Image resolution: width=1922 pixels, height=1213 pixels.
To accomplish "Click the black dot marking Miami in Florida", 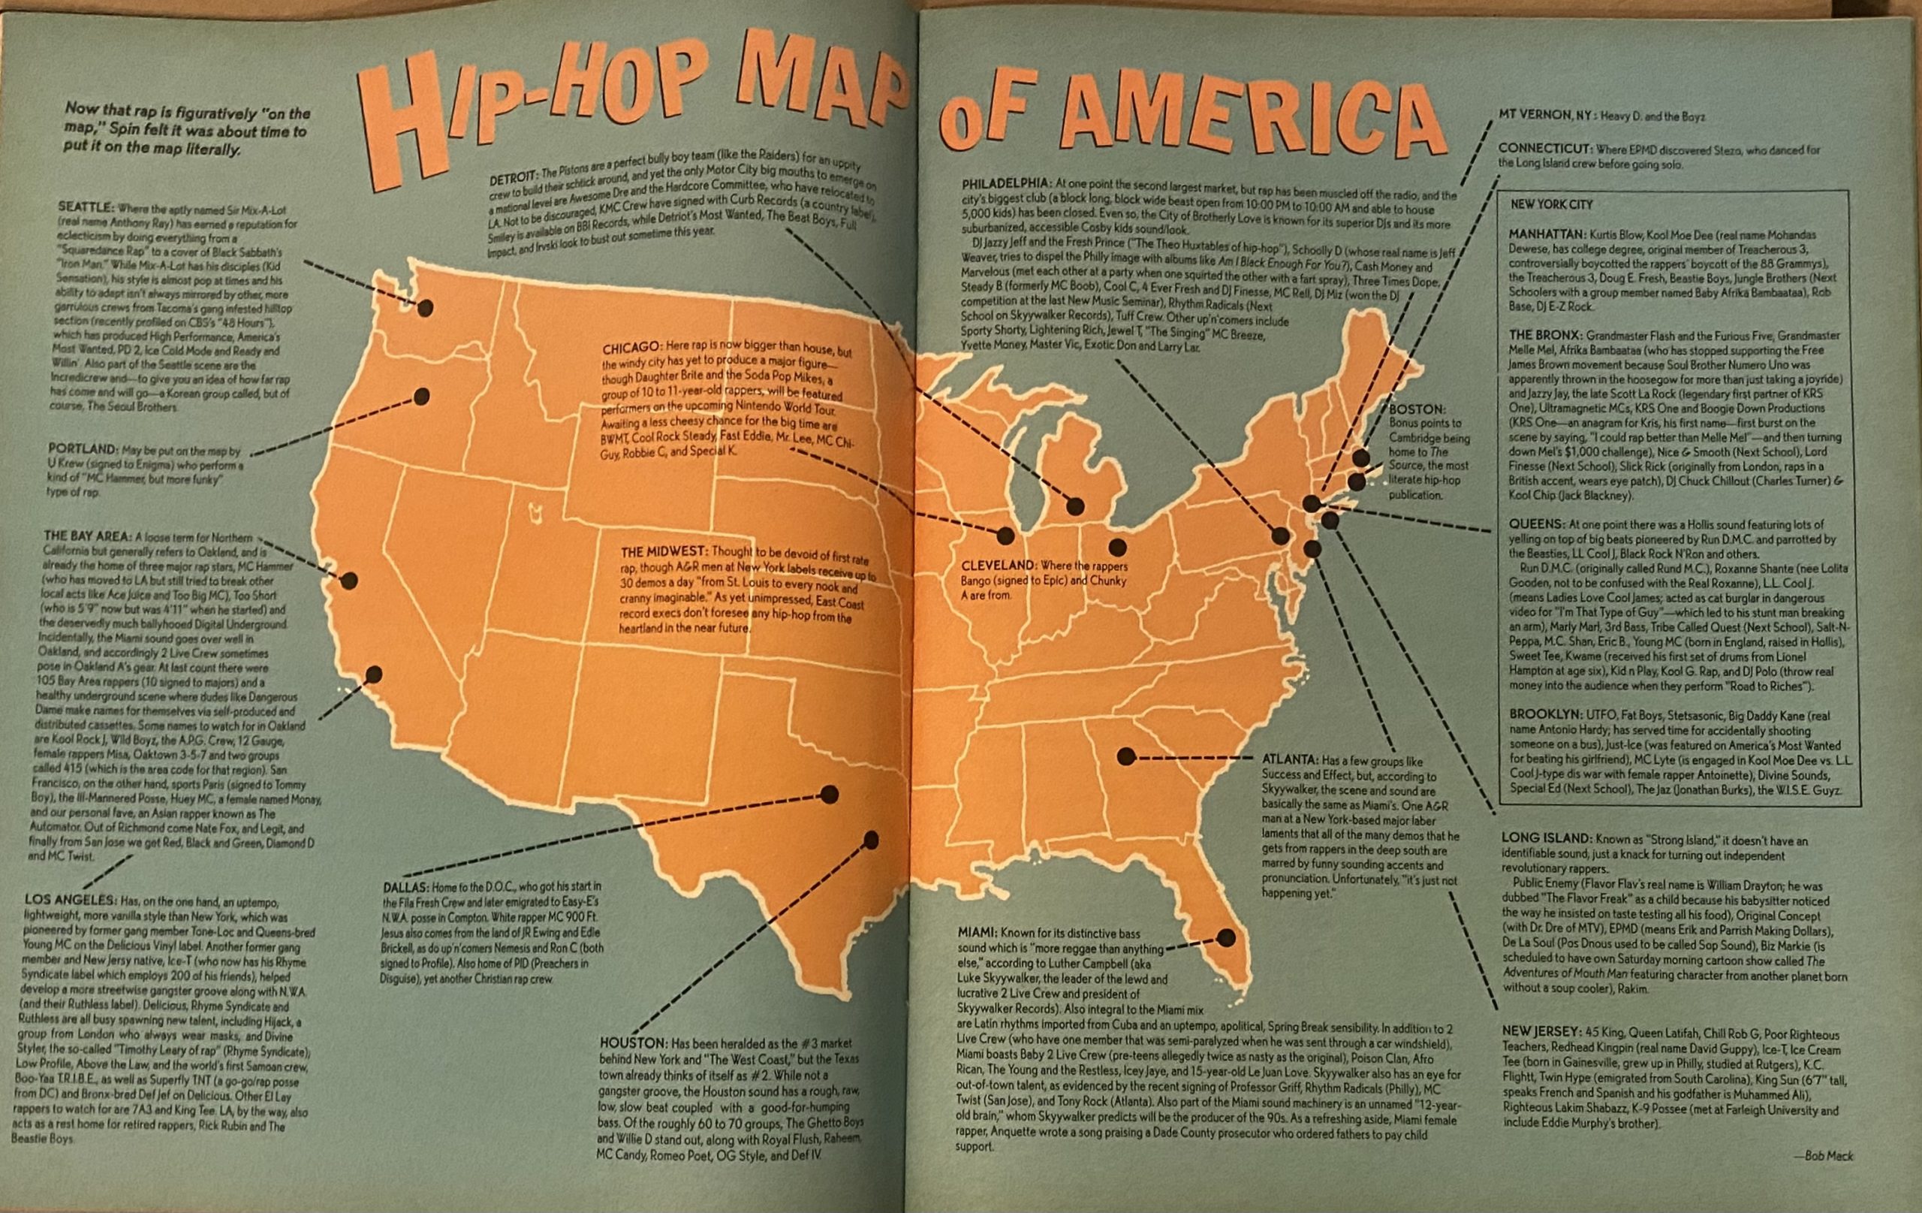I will tap(1226, 937).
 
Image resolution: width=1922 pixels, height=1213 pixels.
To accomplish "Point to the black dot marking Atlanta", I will tap(1126, 756).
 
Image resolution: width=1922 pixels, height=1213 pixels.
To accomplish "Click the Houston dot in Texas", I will tap(871, 840).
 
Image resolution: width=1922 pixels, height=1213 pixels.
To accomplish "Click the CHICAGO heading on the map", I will tap(631, 349).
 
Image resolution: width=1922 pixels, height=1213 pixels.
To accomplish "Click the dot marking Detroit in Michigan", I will tap(1075, 505).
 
